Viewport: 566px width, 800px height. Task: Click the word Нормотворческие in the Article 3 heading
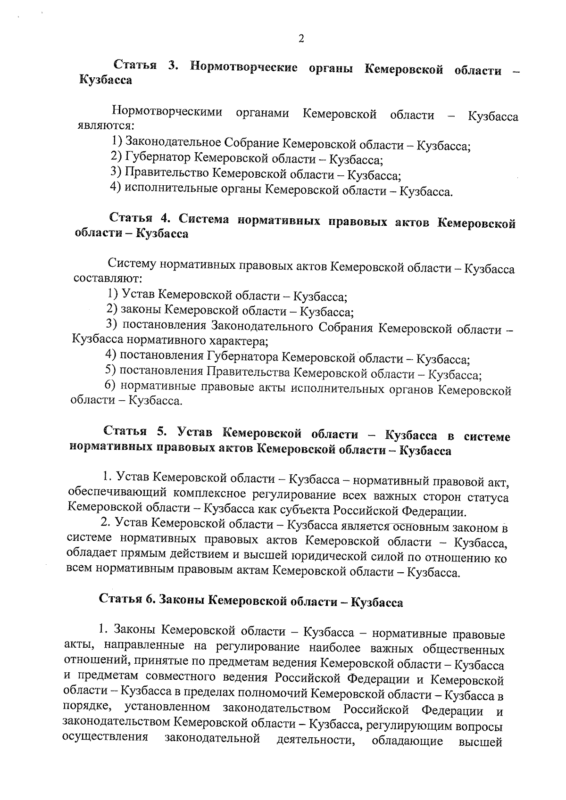coord(244,67)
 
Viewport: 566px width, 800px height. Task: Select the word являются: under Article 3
coord(107,126)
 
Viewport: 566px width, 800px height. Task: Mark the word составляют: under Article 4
coord(105,278)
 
